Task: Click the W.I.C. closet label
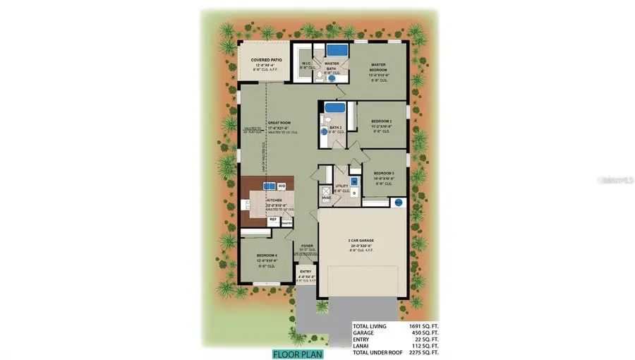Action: coord(307,62)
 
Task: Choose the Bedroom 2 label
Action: coord(382,121)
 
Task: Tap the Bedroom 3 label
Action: coord(383,173)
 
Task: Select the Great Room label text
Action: coord(279,123)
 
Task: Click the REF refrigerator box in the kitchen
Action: coord(272,220)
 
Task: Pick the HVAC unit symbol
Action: coord(325,191)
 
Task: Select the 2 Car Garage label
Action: coord(362,241)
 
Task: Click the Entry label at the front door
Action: coord(306,272)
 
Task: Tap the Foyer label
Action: coord(307,246)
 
